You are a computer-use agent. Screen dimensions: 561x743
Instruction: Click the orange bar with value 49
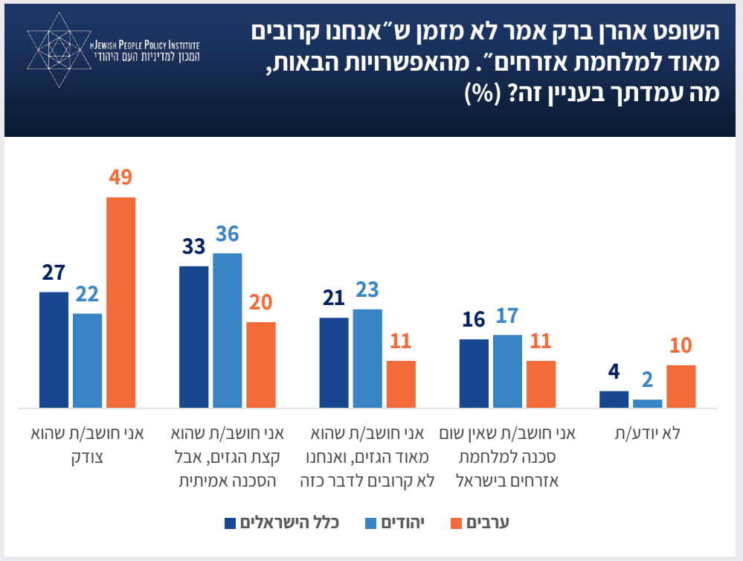(x=121, y=302)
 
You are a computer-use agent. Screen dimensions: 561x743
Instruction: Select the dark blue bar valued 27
(x=54, y=350)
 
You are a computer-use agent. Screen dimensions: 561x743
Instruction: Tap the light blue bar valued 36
(x=228, y=330)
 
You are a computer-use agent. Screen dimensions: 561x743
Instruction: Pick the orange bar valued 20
(x=261, y=365)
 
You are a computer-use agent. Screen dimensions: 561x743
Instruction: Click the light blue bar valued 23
(x=367, y=358)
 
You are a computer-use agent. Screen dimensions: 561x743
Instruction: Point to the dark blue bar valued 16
(x=474, y=373)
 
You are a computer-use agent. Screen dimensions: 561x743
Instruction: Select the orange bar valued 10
(x=681, y=386)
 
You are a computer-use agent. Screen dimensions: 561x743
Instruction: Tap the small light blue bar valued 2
(x=647, y=403)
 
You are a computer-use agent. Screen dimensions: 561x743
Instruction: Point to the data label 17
(x=507, y=316)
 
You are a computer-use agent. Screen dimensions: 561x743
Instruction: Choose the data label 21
(x=334, y=298)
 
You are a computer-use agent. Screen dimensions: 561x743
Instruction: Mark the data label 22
(x=87, y=295)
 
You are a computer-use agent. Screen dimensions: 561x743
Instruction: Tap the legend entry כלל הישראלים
(x=289, y=523)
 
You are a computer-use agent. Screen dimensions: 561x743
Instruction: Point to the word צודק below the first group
(x=88, y=457)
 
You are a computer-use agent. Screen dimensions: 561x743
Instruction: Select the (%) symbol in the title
(x=485, y=93)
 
